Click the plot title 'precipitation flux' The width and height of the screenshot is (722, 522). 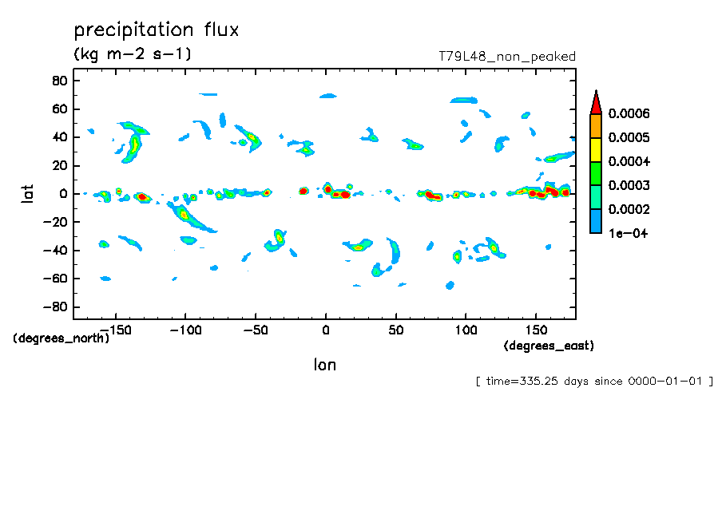click(157, 30)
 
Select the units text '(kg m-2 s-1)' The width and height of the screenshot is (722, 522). click(133, 55)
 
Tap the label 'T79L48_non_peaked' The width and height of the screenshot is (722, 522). click(506, 57)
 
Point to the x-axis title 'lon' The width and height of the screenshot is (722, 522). click(324, 366)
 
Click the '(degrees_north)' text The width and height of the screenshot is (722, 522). click(61, 338)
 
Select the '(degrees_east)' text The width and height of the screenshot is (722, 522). click(549, 346)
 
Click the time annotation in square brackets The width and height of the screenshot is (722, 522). click(594, 382)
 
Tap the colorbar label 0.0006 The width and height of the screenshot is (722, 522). click(629, 114)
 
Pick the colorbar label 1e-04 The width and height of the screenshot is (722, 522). click(627, 233)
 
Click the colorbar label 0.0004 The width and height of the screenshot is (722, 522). click(629, 162)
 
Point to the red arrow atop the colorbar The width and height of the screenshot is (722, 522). click(595, 102)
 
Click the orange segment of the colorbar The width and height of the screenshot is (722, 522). click(595, 126)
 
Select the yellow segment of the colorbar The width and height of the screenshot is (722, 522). click(595, 150)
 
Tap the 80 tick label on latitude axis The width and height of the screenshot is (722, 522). click(58, 81)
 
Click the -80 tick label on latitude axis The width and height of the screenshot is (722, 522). click(54, 307)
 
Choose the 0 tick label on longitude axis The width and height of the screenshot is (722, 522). click(325, 329)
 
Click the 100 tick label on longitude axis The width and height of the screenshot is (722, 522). click(466, 329)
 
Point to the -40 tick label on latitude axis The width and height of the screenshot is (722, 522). click(54, 251)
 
